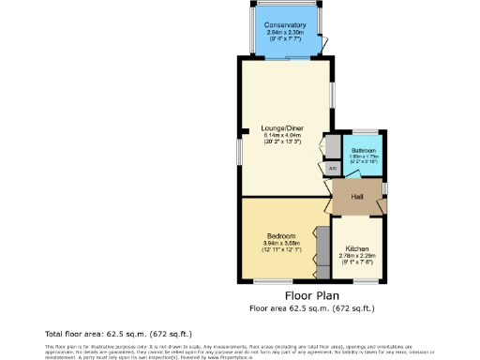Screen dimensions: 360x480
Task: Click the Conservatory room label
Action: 285,25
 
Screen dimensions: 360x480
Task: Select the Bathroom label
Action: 364,150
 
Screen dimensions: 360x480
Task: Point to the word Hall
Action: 357,197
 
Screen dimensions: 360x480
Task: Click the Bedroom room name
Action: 281,234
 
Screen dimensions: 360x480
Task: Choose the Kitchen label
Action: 357,248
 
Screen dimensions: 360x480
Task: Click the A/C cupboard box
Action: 333,169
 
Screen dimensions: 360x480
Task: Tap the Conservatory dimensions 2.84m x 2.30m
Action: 285,33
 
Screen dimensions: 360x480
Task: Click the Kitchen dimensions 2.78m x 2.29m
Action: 357,256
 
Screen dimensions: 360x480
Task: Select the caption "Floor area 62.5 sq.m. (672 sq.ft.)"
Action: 312,307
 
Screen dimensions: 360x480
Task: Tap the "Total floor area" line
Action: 118,333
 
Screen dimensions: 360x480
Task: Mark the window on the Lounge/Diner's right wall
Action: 331,95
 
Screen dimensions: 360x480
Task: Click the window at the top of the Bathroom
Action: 365,129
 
